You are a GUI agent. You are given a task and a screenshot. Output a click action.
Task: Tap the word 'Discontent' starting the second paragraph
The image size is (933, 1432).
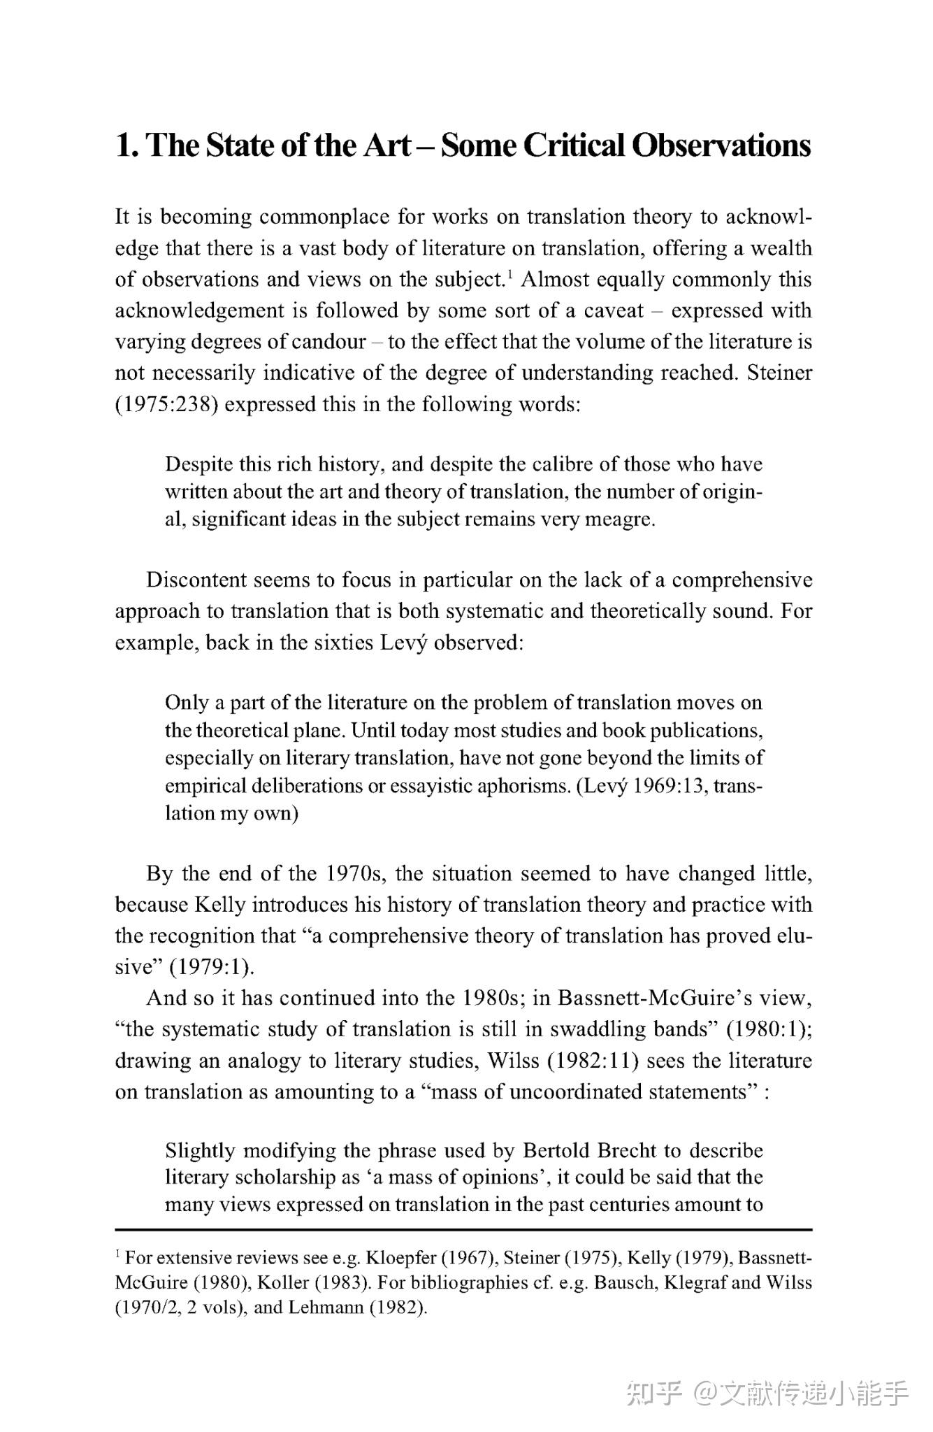coord(196,580)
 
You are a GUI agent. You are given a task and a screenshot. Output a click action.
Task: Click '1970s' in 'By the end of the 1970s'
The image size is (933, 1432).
coord(361,874)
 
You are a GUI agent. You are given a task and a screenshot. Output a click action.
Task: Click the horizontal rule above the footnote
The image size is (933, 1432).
coord(463,1229)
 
